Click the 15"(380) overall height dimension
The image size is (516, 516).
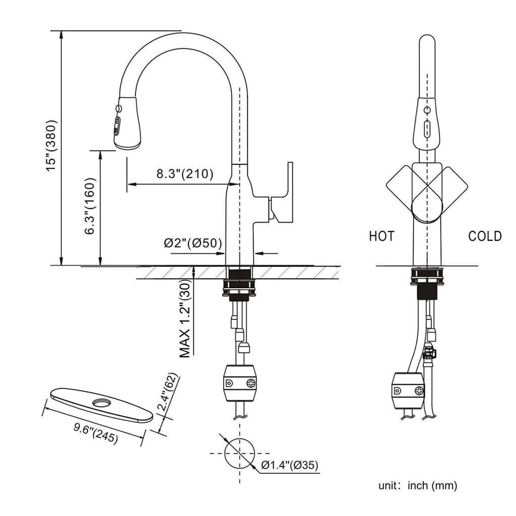[x=53, y=146]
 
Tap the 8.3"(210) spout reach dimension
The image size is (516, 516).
[x=184, y=174]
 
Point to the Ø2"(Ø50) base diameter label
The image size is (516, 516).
[x=193, y=243]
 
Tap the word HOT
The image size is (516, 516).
[x=381, y=236]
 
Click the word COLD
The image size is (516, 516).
[x=485, y=236]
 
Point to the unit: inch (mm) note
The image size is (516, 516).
[x=418, y=486]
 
